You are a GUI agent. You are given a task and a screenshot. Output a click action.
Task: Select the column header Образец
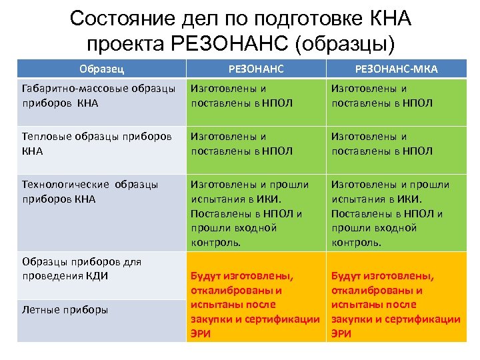[101, 69]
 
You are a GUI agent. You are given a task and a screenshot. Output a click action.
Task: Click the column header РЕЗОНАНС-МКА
[396, 69]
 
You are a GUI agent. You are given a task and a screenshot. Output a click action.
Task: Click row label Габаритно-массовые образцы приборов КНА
[99, 95]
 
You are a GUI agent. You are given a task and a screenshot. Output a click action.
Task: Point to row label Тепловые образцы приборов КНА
[99, 143]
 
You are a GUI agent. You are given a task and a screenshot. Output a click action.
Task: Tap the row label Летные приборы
[65, 309]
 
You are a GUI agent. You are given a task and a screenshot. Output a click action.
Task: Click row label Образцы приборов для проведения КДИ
[82, 268]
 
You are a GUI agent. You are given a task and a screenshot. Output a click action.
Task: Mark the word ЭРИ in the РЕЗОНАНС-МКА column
[341, 333]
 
